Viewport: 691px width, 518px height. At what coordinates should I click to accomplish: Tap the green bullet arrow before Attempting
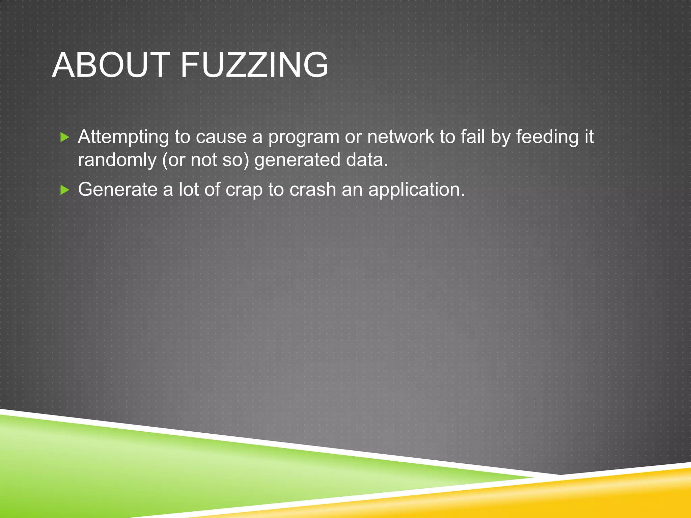click(x=64, y=137)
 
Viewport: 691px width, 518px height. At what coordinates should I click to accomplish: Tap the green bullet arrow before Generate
click(x=64, y=190)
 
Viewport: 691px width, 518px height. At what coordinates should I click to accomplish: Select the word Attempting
click(x=123, y=138)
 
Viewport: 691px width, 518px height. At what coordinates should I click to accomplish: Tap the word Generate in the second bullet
click(x=118, y=190)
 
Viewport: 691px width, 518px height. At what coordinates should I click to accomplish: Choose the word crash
click(x=312, y=190)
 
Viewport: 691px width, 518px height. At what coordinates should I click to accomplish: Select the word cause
click(x=221, y=138)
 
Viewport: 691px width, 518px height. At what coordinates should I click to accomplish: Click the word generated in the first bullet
click(x=297, y=160)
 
